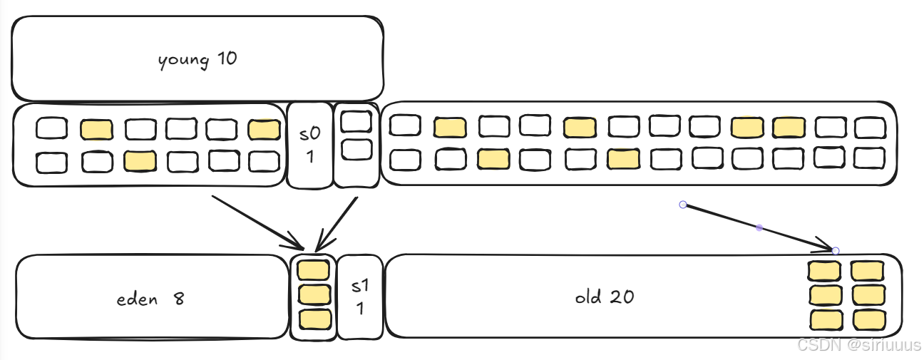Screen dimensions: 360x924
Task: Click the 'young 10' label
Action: click(197, 59)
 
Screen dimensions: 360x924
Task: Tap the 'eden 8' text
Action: click(150, 299)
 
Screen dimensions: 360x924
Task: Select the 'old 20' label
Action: click(605, 297)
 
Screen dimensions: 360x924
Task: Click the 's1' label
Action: click(360, 287)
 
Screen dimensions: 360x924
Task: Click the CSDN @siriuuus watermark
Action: click(858, 345)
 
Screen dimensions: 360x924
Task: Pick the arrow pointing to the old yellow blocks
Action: click(759, 228)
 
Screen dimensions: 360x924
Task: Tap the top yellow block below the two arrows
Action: click(313, 270)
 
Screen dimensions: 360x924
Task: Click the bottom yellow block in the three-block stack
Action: click(314, 318)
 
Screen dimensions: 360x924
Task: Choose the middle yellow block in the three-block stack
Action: click(313, 294)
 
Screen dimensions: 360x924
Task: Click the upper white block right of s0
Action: click(356, 122)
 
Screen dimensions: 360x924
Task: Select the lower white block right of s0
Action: click(356, 150)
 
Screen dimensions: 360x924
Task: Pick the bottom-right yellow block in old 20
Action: click(868, 319)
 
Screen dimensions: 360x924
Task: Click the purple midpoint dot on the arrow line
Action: click(759, 228)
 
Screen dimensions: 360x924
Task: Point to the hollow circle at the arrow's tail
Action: click(683, 205)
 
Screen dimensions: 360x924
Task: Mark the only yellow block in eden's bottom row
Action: click(140, 161)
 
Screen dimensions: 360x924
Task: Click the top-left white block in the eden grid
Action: click(52, 129)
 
